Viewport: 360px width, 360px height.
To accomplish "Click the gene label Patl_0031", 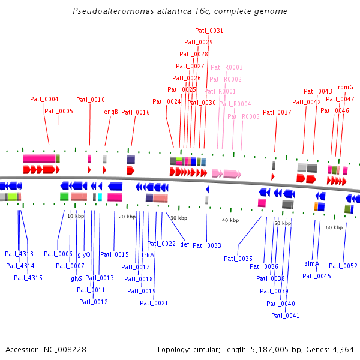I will (x=209, y=31).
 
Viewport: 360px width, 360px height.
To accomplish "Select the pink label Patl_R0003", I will (x=226, y=67).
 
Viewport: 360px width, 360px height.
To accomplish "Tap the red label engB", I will (x=111, y=112).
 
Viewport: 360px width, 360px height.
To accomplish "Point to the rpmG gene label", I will (x=346, y=87).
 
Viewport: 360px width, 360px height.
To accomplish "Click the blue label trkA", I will (x=148, y=255).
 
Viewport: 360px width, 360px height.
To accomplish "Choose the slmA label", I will (x=311, y=263).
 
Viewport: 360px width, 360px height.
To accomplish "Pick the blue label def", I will (x=185, y=244).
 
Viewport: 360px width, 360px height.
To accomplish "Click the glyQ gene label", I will (x=84, y=254).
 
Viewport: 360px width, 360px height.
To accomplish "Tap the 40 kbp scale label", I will (x=230, y=221).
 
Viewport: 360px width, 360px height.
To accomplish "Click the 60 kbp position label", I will (x=334, y=228).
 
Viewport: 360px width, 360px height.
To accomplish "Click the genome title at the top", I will (x=179, y=11).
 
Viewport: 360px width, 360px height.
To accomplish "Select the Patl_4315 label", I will (x=28, y=277).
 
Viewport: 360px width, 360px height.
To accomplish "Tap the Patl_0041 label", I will (x=285, y=316).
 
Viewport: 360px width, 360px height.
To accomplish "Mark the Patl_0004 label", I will (x=44, y=99).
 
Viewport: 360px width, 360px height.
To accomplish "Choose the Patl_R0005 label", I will (x=244, y=116).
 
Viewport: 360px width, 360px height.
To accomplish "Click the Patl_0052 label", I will (x=343, y=266).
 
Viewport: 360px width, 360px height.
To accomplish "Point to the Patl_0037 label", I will (x=277, y=112).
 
